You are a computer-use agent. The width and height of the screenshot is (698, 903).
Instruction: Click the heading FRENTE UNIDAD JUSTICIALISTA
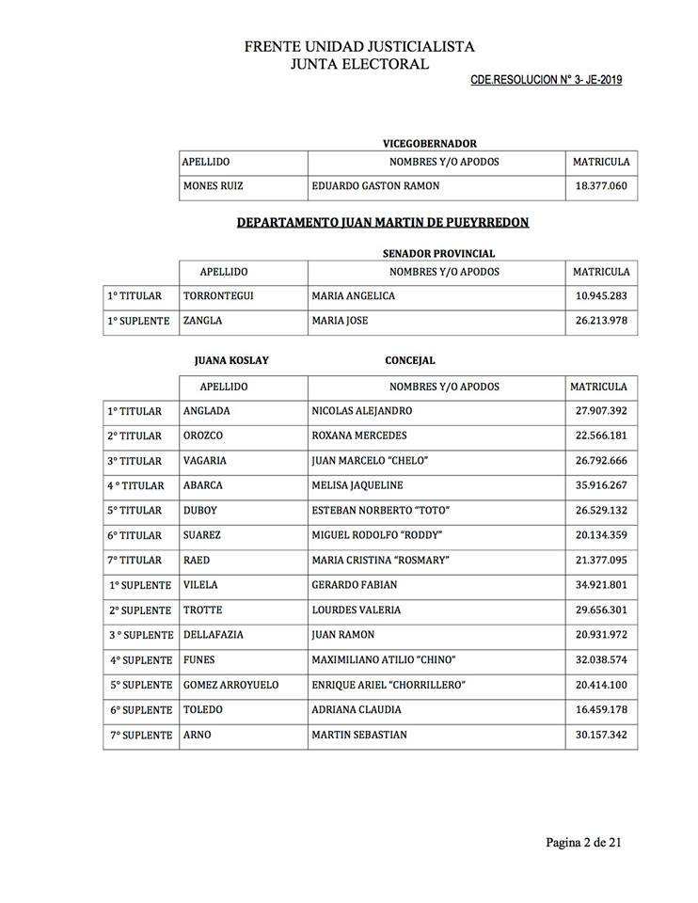pos(359,45)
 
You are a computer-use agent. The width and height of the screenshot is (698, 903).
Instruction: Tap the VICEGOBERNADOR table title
pos(429,143)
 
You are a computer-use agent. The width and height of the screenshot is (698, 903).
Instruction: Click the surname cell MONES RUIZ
pos(213,186)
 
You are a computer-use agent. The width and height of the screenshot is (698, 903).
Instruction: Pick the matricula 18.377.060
pos(601,186)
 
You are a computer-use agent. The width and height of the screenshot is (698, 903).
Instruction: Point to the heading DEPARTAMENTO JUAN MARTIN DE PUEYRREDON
pos(382,222)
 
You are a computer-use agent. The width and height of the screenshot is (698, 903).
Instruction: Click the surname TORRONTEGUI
pos(218,296)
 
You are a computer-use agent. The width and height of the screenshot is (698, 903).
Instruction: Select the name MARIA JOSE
pos(340,321)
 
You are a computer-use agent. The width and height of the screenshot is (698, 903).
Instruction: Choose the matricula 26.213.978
pos(601,321)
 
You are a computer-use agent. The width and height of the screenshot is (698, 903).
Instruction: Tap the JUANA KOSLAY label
pos(227,360)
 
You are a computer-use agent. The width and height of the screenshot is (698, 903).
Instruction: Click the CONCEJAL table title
pos(410,360)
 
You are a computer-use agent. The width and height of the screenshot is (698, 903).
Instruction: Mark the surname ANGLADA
pos(207,411)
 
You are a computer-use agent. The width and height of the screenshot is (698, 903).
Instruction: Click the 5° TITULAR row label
pos(135,511)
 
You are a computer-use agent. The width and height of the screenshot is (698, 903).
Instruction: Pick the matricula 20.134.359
pos(601,535)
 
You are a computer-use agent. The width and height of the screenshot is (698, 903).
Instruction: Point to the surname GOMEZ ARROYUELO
pos(230,685)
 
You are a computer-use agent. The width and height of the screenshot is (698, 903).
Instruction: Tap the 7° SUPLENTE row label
pos(140,735)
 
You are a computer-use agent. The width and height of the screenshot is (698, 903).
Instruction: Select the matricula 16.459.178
pos(601,710)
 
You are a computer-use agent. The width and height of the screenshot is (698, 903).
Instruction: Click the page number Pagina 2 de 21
pos(583,842)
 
